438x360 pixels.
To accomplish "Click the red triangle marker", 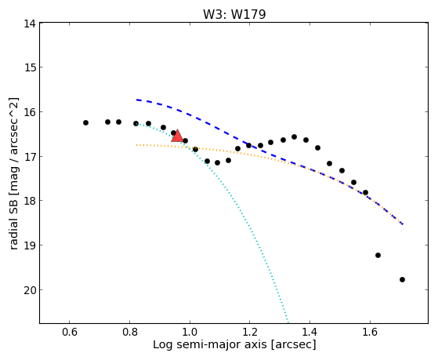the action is tap(177, 136).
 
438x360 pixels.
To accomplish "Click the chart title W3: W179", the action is tap(234, 14).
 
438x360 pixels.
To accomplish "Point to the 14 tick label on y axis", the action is tap(30, 24).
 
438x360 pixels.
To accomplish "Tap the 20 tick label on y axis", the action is tap(30, 291).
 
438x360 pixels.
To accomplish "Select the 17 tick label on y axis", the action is tap(30, 157).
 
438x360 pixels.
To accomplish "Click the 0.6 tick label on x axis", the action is tap(69, 332).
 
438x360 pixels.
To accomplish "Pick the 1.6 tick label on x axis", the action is tap(370, 332).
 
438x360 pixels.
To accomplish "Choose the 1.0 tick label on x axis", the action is tap(190, 332).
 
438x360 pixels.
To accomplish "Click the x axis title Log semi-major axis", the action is tap(210, 344).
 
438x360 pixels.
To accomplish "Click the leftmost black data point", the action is tap(85, 123).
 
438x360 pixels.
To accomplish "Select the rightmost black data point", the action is tap(402, 279).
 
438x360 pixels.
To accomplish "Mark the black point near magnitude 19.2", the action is tap(378, 255).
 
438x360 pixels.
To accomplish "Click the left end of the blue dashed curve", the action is tap(136, 100).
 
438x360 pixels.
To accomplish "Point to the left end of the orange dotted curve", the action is tap(136, 145).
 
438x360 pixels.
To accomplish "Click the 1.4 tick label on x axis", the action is tap(309, 332).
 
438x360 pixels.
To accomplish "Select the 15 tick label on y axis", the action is tap(30, 68).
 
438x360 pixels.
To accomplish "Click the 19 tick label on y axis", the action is tap(30, 245).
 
